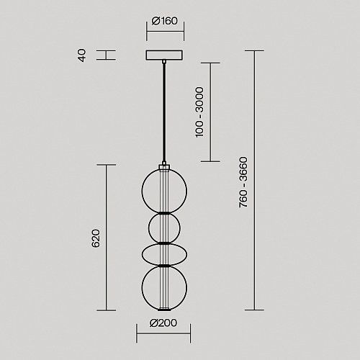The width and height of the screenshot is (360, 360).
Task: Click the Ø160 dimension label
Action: tap(165, 21)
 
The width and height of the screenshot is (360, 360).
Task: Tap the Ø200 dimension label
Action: tap(163, 323)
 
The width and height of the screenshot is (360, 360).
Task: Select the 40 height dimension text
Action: tap(82, 55)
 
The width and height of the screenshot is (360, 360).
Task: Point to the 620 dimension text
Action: tap(96, 238)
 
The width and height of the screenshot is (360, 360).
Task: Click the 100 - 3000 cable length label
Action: tap(199, 112)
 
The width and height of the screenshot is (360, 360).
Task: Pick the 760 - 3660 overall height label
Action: tap(243, 182)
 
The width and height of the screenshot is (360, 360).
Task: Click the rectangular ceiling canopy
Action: tap(164, 55)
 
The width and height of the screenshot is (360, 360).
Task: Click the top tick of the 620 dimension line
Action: tap(107, 165)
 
